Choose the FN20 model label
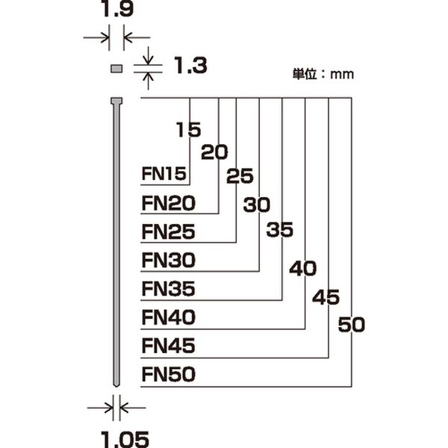tap(168, 203)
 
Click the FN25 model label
tap(168, 231)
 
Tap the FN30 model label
tap(168, 261)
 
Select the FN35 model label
tap(168, 289)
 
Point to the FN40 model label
tap(168, 318)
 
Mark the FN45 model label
tap(168, 346)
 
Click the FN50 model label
tap(168, 375)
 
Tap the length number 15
tap(189, 130)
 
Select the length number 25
tap(240, 177)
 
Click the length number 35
tap(280, 231)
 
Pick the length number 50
tap(351, 325)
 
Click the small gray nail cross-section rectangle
tap(116, 69)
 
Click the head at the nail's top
tap(116, 101)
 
